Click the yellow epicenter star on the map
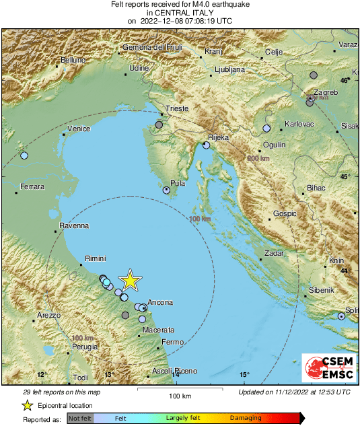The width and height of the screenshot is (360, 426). [130, 281]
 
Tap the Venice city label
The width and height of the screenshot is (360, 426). [79, 129]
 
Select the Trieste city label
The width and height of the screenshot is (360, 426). [178, 108]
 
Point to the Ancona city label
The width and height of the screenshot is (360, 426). [160, 303]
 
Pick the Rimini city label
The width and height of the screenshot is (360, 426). [96, 258]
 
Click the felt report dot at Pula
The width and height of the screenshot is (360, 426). [167, 190]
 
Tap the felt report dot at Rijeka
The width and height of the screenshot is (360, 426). [207, 145]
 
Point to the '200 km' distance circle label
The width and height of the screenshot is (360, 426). [258, 158]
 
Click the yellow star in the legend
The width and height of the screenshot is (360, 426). [27, 405]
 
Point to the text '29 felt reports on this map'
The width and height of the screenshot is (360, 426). [62, 392]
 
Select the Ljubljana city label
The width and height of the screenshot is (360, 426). [232, 69]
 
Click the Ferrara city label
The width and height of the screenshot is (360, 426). [33, 186]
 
